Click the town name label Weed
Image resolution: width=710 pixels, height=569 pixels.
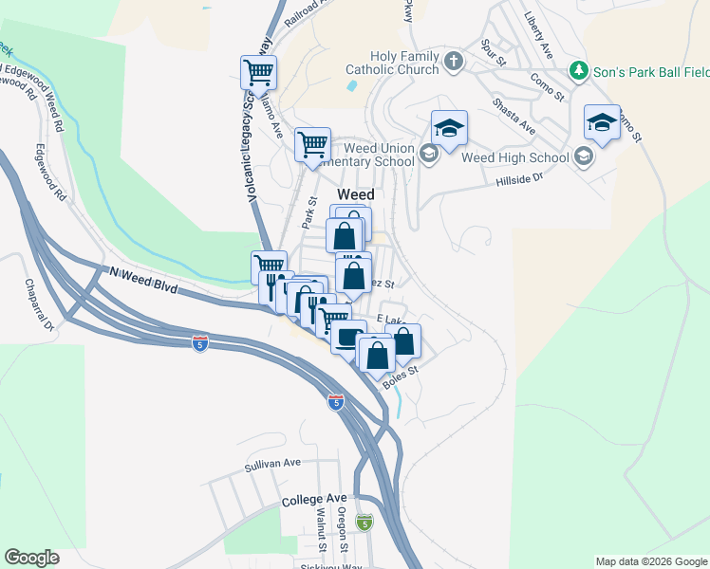coord(356,193)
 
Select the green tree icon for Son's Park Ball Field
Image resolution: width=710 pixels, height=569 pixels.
coord(577,70)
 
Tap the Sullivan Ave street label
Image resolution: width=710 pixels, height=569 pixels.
coord(271,464)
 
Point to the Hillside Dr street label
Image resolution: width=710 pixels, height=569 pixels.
coord(518,177)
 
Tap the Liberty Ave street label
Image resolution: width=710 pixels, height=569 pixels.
coord(538,35)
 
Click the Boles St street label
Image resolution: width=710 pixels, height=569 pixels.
coord(401,376)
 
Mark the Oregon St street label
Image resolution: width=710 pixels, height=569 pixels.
coord(343,529)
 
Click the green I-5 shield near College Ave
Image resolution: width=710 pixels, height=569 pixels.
coord(364,523)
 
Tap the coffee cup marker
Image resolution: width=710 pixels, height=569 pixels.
coord(348,336)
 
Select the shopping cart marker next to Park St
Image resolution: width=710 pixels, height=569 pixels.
coord(312,144)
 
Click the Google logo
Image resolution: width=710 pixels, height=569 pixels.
coord(32,558)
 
